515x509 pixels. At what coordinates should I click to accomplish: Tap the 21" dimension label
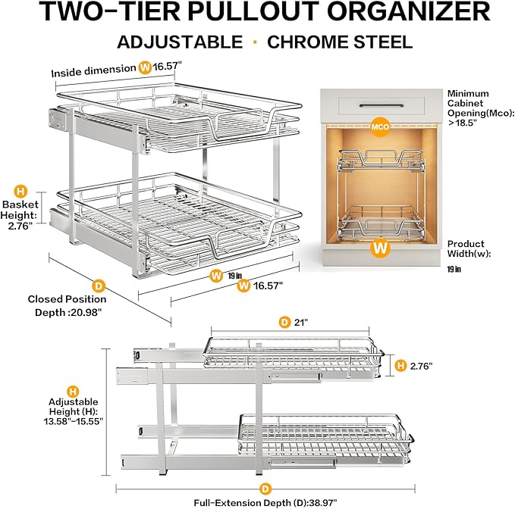point(303,322)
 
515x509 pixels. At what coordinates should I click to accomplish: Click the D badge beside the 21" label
point(285,322)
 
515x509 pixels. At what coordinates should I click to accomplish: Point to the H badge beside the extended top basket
point(401,366)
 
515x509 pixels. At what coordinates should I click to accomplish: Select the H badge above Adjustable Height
point(73,392)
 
